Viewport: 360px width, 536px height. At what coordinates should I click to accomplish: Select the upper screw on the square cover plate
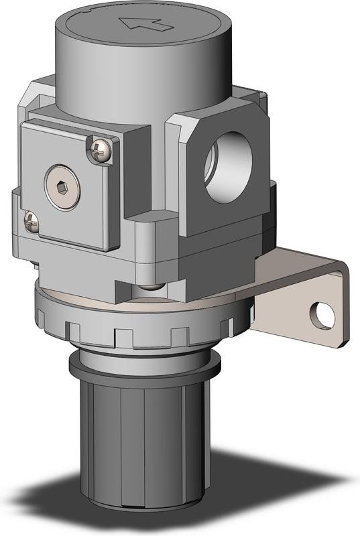click(x=99, y=150)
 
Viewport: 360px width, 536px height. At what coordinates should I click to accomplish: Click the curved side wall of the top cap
click(x=134, y=87)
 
